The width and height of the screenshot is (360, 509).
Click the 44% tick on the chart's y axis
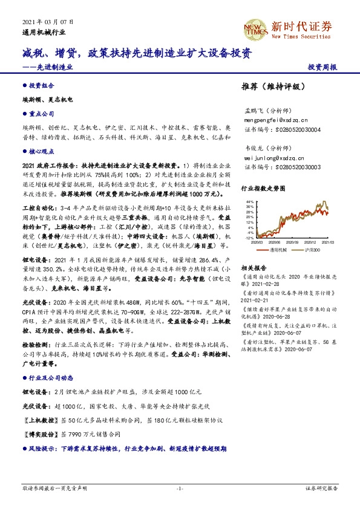click(249, 200)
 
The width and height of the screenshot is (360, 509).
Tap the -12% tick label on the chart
click(248, 238)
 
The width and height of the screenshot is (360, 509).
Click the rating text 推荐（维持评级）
click(270, 87)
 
